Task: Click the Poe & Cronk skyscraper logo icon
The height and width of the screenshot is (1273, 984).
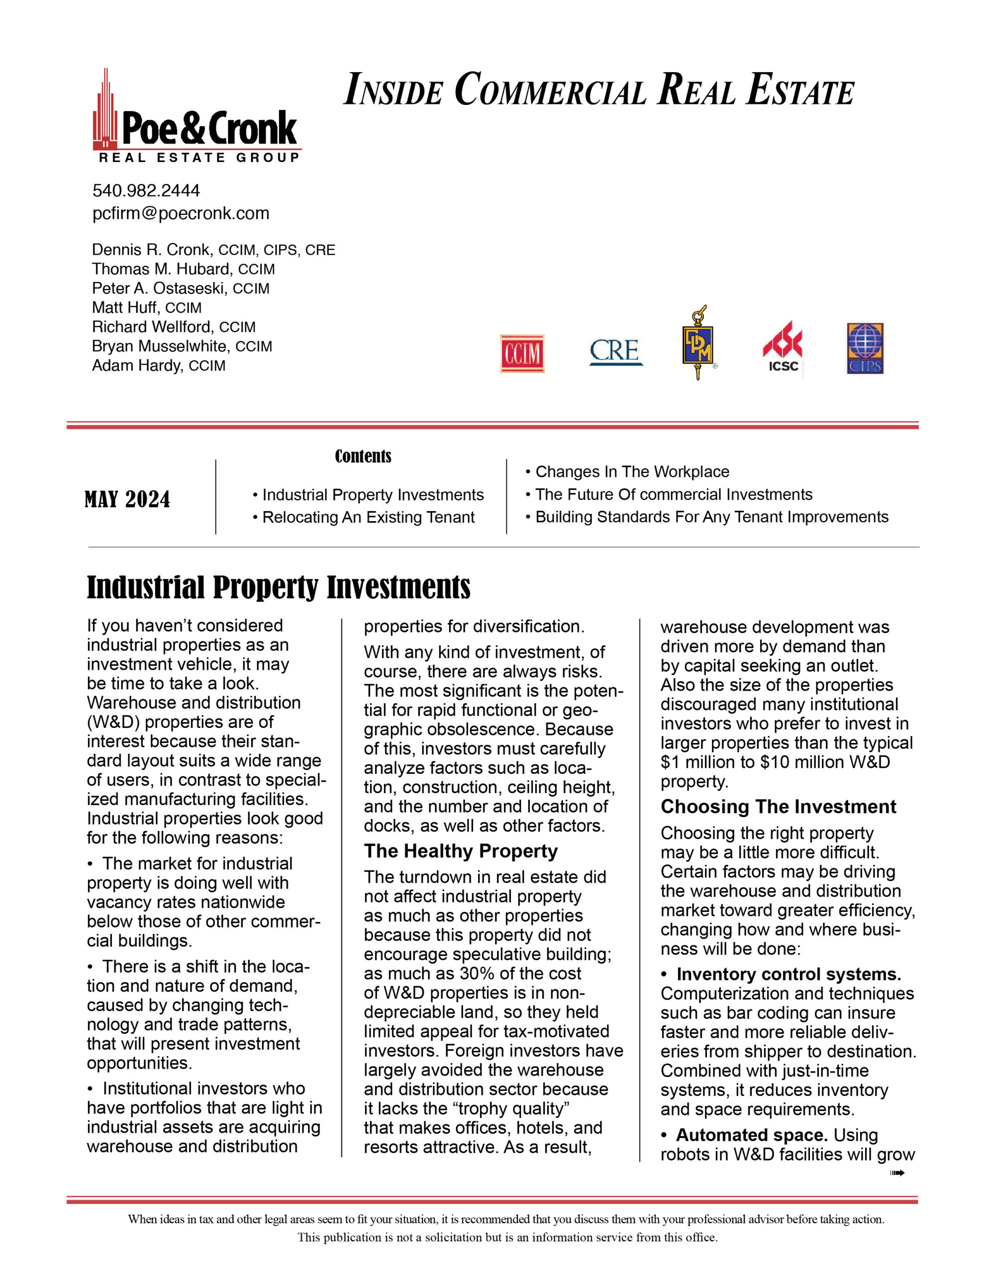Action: pyautogui.click(x=105, y=111)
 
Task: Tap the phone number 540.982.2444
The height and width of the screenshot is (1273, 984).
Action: pyautogui.click(x=146, y=190)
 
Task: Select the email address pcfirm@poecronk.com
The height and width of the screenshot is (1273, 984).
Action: pyautogui.click(x=181, y=213)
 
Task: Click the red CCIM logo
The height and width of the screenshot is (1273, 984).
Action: pyautogui.click(x=522, y=353)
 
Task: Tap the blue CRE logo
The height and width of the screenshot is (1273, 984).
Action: pyautogui.click(x=615, y=352)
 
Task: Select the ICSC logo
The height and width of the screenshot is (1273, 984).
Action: pyautogui.click(x=782, y=348)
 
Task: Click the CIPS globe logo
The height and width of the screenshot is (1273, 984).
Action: pyautogui.click(x=865, y=348)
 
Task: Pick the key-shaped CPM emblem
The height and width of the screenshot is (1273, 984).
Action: pyautogui.click(x=697, y=344)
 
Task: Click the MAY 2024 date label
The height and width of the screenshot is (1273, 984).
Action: pyautogui.click(x=127, y=500)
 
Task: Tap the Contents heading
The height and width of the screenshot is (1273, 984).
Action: pyautogui.click(x=363, y=456)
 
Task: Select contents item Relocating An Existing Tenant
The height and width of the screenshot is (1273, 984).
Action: pyautogui.click(x=368, y=517)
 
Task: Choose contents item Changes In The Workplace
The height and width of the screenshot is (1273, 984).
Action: pyautogui.click(x=632, y=471)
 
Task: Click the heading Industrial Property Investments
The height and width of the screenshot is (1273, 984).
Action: pyautogui.click(x=278, y=587)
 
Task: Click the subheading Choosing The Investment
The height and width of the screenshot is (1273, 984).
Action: pyautogui.click(x=778, y=807)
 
